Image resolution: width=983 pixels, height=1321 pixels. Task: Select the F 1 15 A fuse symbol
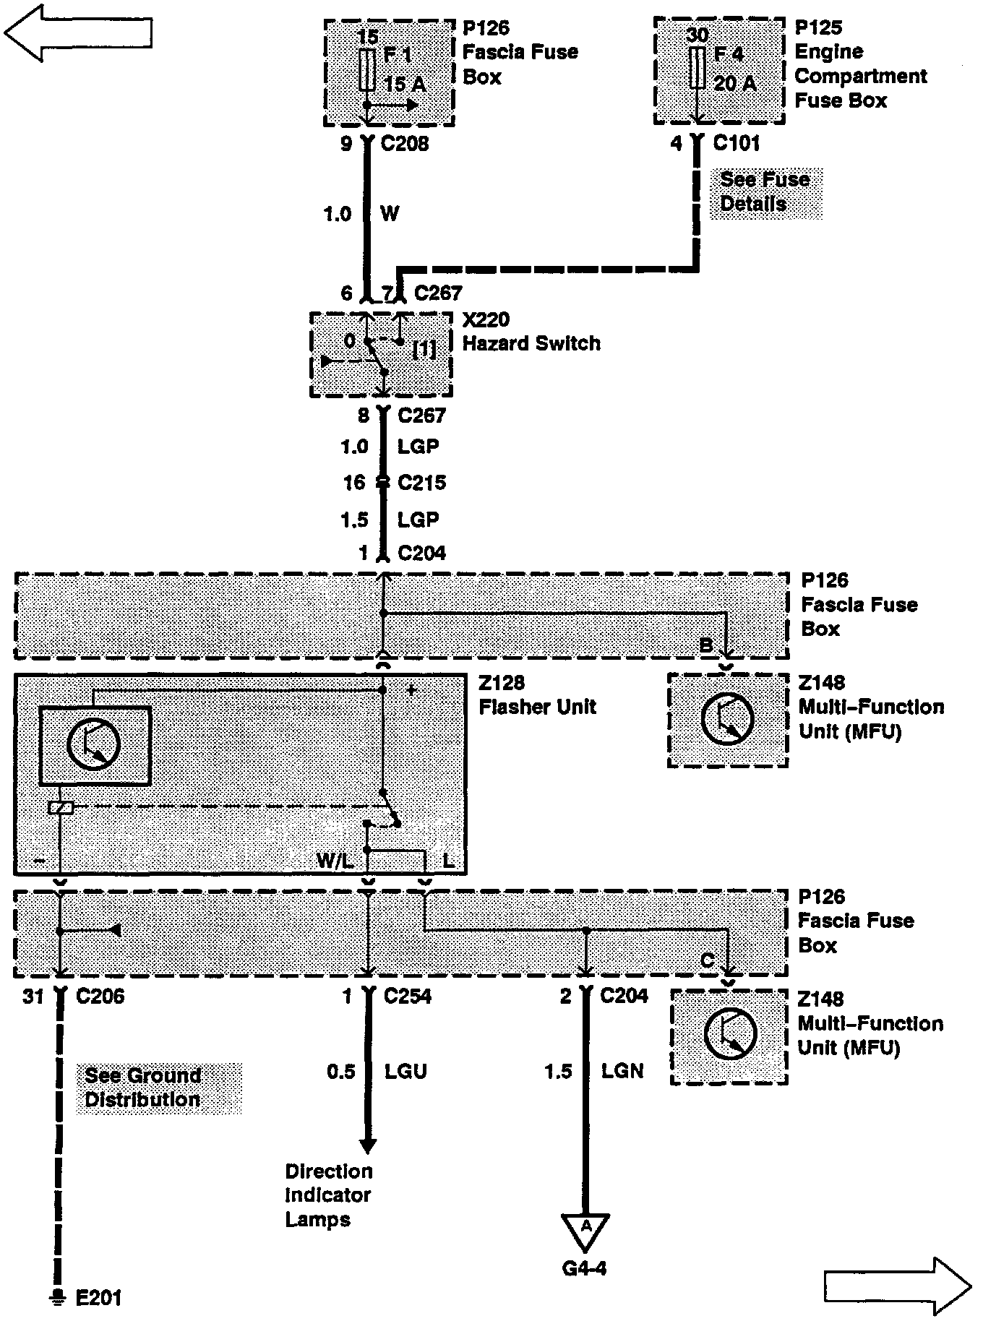[367, 71]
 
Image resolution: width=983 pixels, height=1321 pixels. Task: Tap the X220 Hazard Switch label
[531, 332]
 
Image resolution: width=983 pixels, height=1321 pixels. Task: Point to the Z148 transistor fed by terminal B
[728, 720]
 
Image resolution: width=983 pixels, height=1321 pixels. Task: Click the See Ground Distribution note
[142, 1088]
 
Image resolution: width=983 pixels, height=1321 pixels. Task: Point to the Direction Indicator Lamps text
[328, 1195]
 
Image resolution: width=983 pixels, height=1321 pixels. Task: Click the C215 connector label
[421, 483]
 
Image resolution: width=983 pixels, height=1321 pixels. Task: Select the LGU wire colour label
[405, 1071]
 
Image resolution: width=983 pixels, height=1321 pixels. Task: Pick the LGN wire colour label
[622, 1071]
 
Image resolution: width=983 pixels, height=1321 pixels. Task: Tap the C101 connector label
[736, 143]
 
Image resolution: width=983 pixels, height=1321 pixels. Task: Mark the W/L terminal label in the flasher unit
[335, 861]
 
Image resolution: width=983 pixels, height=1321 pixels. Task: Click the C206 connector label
[100, 997]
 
